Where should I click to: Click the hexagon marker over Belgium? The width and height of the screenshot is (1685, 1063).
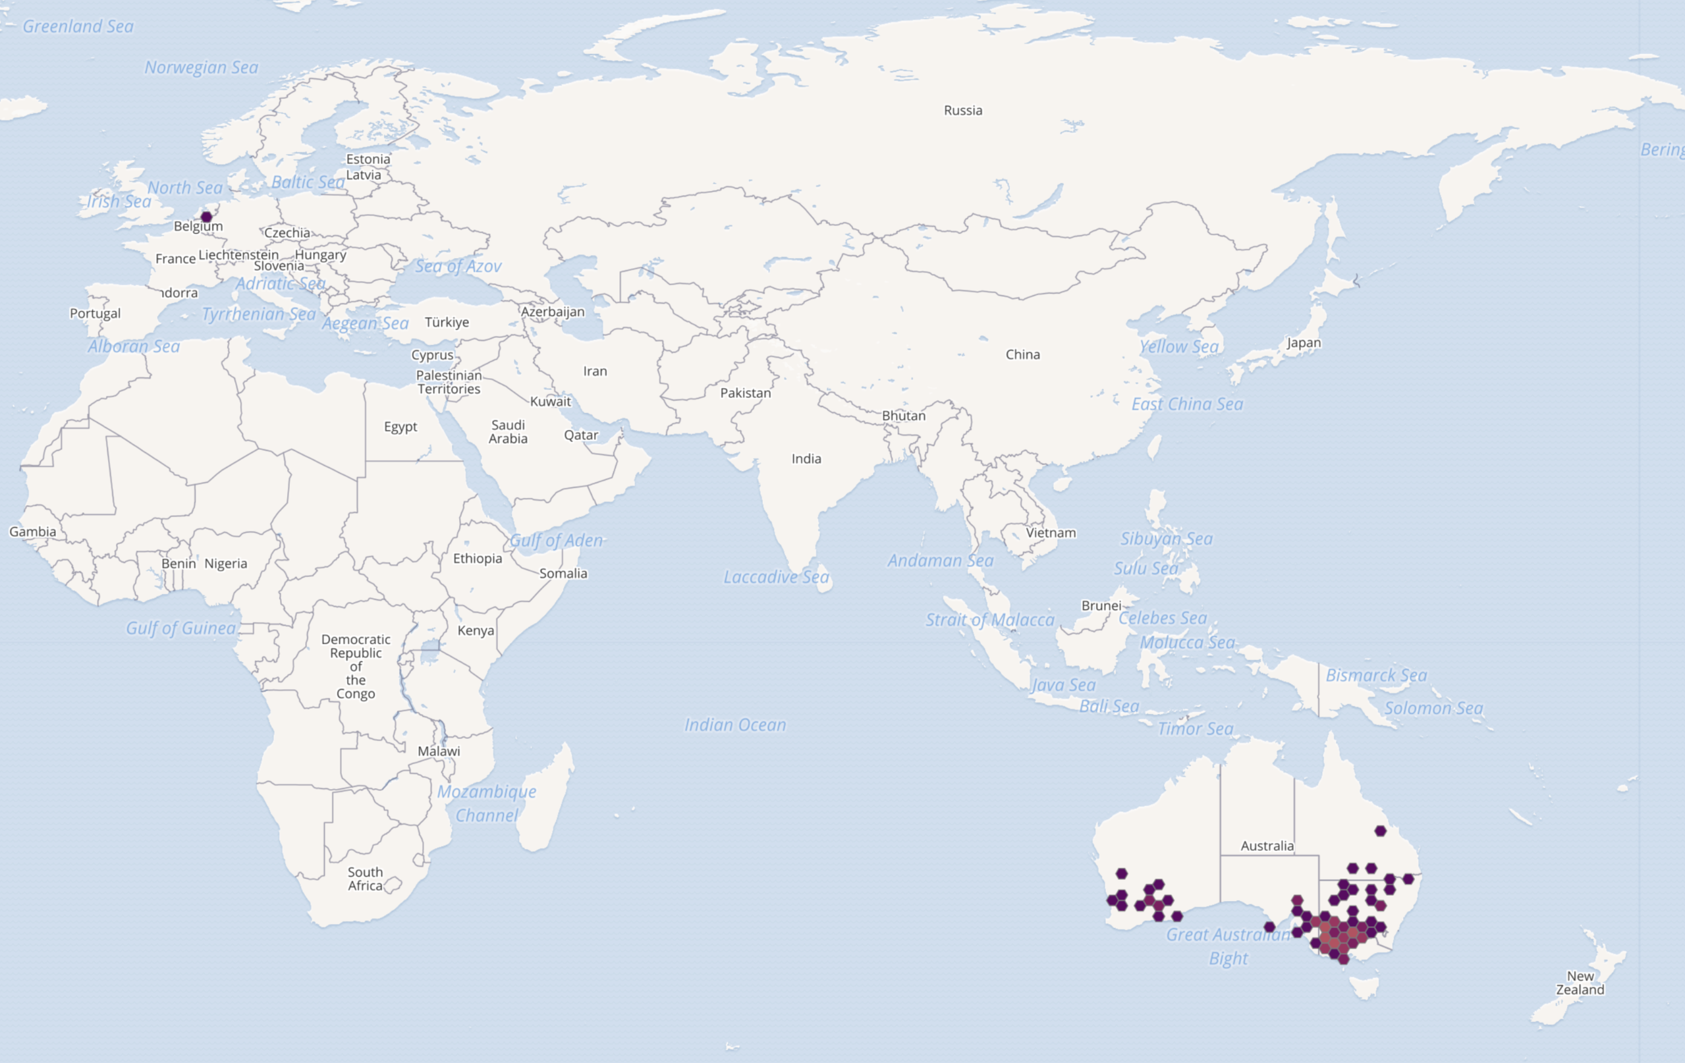coord(206,217)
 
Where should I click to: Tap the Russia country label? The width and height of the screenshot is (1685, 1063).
coord(963,111)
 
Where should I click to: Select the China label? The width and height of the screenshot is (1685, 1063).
coord(1022,355)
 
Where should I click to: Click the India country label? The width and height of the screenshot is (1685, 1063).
coord(806,459)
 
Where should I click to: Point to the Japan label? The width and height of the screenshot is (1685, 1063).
coord(1304,343)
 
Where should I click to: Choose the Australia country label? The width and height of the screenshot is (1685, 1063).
coord(1267,846)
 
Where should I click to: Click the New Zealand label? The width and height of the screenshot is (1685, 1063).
coord(1580,983)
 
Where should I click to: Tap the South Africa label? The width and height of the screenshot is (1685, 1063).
coord(366,879)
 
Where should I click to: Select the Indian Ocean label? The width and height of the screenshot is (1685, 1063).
coord(734,725)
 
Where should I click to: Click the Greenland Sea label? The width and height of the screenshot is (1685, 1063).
coord(78,26)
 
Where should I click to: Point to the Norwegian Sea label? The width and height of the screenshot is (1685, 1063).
coord(201,68)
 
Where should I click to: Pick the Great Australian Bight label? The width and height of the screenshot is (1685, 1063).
coord(1228,946)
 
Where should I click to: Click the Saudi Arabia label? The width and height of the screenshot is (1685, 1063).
coord(508,432)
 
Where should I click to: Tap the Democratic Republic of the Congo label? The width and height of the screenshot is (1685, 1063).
coord(356,667)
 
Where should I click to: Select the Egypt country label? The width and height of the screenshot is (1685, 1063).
coord(401,427)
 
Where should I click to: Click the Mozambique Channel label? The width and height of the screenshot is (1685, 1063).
coord(486,804)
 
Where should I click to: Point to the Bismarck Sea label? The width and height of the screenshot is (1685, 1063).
coord(1375,675)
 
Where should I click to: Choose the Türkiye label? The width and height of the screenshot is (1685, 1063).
coord(447,323)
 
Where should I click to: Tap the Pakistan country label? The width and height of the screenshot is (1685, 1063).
coord(745,393)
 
